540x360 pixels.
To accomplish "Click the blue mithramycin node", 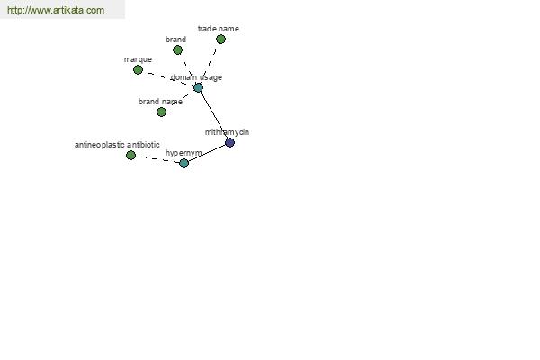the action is point(229,142).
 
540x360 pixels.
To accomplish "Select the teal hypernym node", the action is point(184,163).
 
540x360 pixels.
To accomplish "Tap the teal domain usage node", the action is point(198,87).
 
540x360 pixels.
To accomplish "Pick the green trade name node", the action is point(220,39).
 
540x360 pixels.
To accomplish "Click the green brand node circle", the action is point(177,50).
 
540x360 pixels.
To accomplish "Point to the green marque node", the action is point(138,69).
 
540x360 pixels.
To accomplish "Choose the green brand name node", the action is point(161,112).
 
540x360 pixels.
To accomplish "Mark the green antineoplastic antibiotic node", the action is point(130,155).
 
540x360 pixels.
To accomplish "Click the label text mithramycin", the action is point(227,132).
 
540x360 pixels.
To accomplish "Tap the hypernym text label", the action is point(184,153).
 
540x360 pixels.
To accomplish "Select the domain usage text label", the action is point(196,77).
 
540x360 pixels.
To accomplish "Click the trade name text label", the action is point(219,29).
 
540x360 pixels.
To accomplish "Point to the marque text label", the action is point(138,59).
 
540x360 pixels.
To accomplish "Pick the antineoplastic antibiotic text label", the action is point(117,145).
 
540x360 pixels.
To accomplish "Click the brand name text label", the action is point(160,102).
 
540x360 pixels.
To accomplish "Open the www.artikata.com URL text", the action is point(56,10).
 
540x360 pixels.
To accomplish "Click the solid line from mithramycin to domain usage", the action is point(214,115).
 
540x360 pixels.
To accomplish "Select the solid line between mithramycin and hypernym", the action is point(207,153).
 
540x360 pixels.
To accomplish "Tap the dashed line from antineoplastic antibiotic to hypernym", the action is point(157,159).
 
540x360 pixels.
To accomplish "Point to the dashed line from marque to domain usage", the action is point(168,78).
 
